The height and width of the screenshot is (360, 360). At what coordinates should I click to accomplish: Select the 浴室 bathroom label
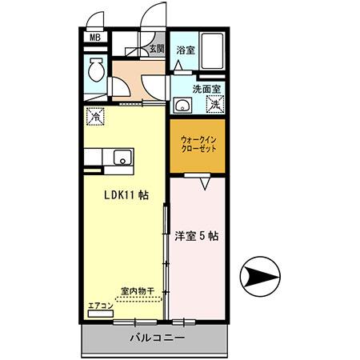click(186, 49)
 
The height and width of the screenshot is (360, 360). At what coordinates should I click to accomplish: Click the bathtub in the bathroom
click(212, 53)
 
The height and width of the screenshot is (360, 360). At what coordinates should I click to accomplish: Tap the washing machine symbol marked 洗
click(214, 104)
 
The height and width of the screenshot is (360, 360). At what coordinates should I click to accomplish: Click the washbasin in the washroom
click(182, 105)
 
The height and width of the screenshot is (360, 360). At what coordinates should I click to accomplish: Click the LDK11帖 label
click(122, 194)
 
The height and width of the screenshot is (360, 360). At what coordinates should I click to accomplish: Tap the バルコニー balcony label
click(157, 338)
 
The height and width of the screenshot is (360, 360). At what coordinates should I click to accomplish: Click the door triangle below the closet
click(206, 182)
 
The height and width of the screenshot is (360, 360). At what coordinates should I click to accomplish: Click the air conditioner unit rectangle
click(100, 315)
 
